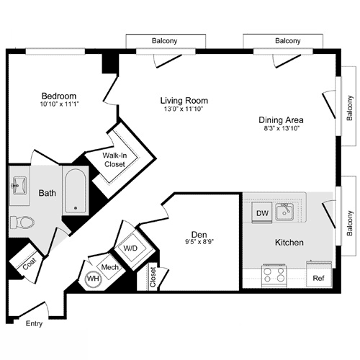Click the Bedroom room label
[58, 96]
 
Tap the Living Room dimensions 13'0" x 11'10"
[184, 110]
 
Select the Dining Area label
[281, 120]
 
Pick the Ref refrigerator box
[318, 276]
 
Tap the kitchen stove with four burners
[274, 275]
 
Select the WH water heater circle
[93, 279]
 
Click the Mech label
[109, 267]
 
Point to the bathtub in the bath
[75, 190]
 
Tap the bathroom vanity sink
[18, 185]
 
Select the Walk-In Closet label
[114, 159]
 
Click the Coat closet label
[29, 264]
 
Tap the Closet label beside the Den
[153, 276]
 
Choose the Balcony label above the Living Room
[165, 41]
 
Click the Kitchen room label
[288, 243]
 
